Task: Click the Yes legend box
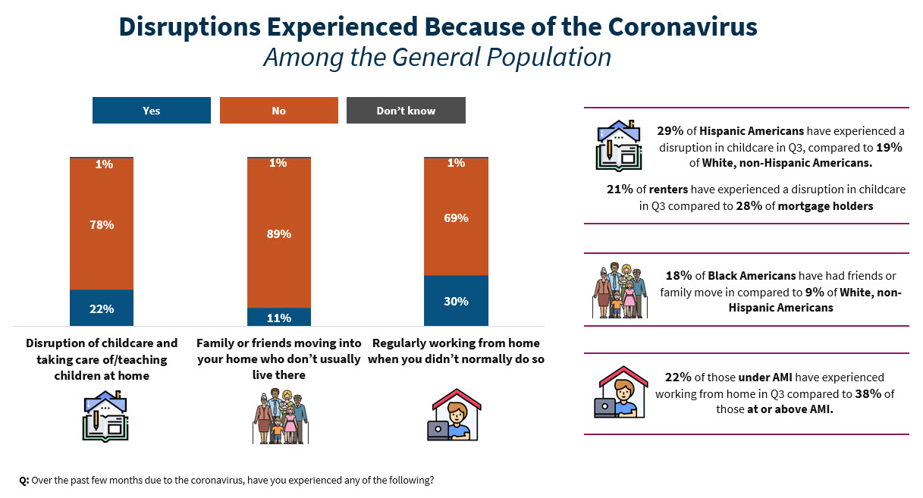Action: click(x=151, y=111)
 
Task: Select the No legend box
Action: click(x=278, y=111)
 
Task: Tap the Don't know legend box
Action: click(x=406, y=111)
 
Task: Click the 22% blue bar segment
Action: click(x=102, y=309)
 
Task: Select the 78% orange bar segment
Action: click(x=102, y=224)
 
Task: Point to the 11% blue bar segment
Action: click(x=279, y=318)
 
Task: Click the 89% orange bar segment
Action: click(x=279, y=233)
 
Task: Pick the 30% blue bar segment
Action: click(x=456, y=301)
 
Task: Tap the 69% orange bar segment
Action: click(x=456, y=218)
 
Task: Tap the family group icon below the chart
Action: click(x=279, y=417)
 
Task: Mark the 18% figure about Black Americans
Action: click(x=680, y=276)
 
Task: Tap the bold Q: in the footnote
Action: click(x=24, y=481)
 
